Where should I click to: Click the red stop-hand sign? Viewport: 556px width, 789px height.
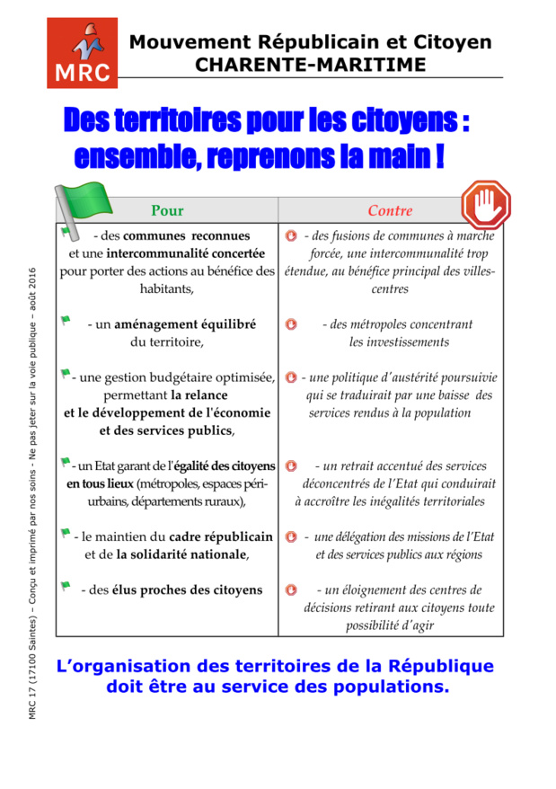pos(485,205)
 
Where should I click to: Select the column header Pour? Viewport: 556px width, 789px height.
pos(167,211)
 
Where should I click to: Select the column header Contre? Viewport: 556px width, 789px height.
pos(390,211)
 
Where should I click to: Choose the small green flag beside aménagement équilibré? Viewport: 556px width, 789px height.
pos(65,320)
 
